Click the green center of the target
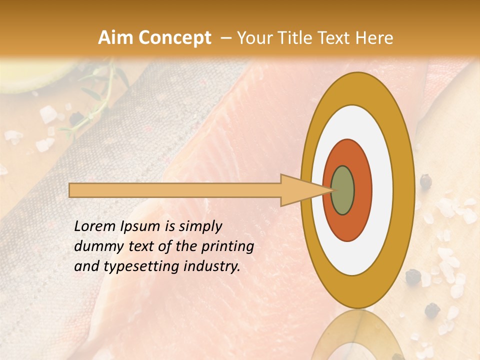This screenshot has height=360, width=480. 343,190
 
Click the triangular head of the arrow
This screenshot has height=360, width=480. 300,190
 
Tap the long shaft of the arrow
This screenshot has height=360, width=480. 175,190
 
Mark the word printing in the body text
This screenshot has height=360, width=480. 227,247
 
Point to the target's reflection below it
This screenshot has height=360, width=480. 357,335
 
